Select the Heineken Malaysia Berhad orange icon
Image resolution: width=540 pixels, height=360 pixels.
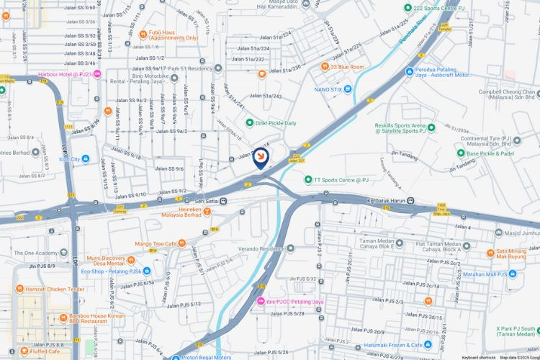[207, 212]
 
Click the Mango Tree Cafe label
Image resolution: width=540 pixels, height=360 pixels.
[155, 243]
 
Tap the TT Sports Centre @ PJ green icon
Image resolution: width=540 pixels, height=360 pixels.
[308, 179]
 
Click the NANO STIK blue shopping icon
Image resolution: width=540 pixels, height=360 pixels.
[348, 89]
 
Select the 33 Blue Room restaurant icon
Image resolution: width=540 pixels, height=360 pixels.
[324, 67]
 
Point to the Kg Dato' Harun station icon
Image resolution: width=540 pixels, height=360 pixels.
[410, 200]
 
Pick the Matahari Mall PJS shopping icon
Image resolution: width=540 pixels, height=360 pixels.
[513, 274]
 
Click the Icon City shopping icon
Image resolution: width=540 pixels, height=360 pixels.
[85, 158]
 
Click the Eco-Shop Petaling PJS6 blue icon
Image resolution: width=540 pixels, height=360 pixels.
[147, 271]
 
